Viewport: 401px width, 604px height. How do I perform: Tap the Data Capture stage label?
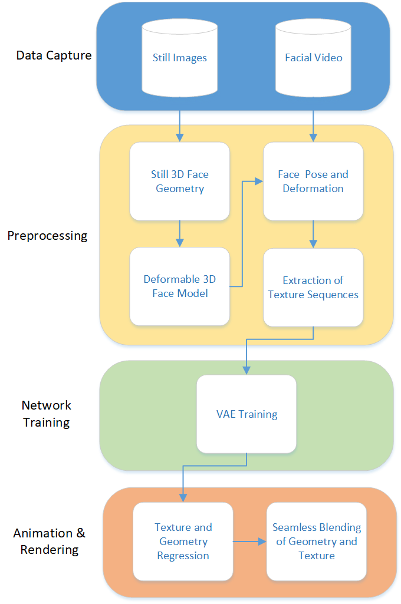(x=54, y=56)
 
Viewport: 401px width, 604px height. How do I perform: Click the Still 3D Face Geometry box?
(x=179, y=181)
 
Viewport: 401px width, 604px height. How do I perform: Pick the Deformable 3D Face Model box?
(x=179, y=286)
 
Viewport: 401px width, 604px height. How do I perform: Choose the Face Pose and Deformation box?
(x=313, y=181)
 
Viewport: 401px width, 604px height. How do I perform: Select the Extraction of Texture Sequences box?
(x=313, y=287)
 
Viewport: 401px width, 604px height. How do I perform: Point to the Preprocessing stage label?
(x=47, y=236)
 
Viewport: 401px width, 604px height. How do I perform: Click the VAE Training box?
(x=246, y=414)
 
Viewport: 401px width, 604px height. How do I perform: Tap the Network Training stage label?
(x=47, y=414)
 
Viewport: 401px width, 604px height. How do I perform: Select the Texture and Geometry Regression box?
(x=183, y=541)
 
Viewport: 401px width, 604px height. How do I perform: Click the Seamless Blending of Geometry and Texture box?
(x=317, y=541)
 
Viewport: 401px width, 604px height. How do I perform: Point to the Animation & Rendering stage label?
(x=50, y=541)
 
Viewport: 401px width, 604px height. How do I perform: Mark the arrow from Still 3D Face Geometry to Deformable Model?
(x=180, y=234)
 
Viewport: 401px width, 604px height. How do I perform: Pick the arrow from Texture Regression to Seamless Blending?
(x=249, y=541)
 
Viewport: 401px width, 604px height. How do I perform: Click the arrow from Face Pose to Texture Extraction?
(x=313, y=234)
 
